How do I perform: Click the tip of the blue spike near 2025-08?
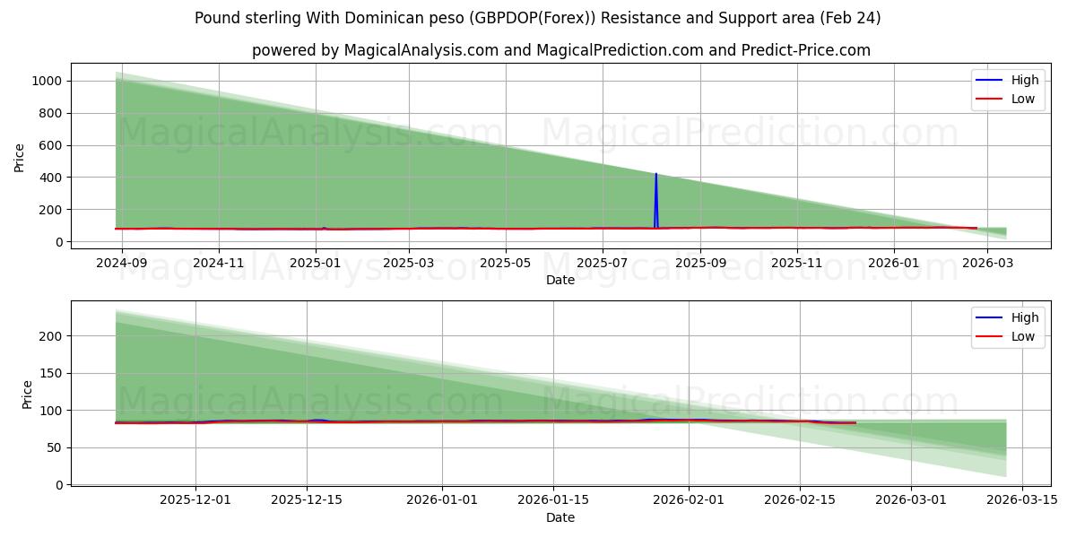pos(655,174)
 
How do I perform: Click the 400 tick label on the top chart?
pos(50,178)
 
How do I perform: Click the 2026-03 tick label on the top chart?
pos(987,263)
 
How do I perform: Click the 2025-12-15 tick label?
pos(307,500)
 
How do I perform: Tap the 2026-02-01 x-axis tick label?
pos(689,500)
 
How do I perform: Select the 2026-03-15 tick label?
pos(1022,500)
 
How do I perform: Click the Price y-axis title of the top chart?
pos(20,158)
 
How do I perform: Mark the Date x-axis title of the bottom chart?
pos(560,517)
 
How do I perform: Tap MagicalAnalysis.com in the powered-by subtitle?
pos(421,50)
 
